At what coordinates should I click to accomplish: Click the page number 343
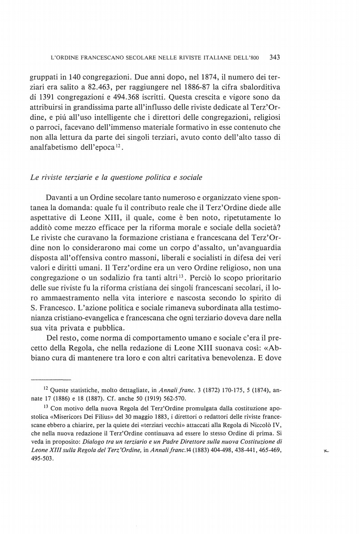(274, 57)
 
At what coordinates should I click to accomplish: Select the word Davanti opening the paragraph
(59, 197)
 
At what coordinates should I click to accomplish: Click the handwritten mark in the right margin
(326, 451)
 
